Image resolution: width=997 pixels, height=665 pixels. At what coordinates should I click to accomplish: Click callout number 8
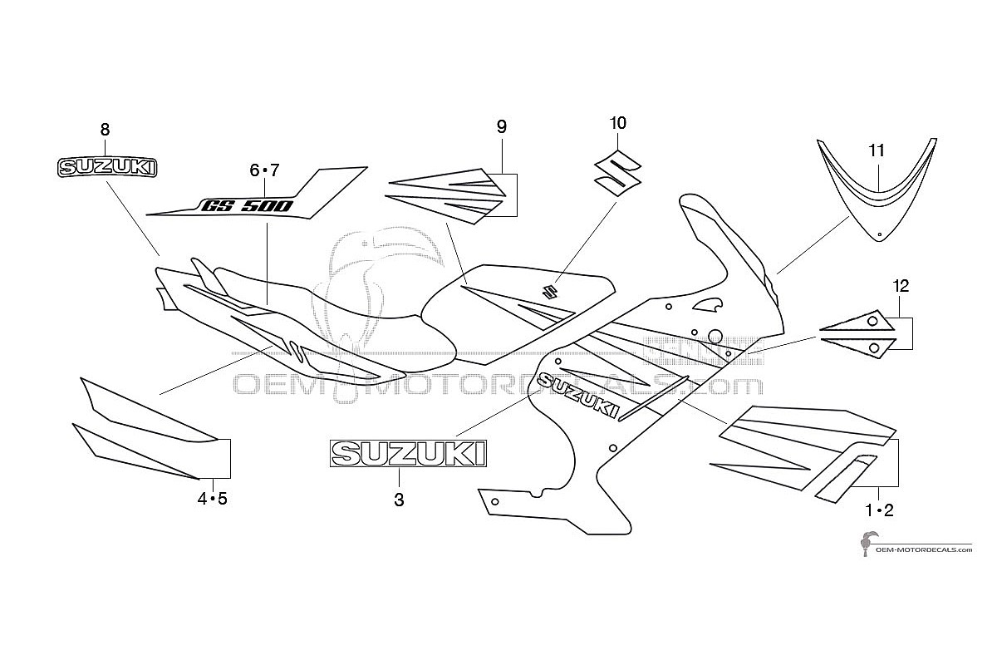(105, 130)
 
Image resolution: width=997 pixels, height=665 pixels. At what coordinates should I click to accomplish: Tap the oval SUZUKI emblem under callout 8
(107, 168)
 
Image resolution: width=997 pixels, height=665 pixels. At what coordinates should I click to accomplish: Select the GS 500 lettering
(247, 206)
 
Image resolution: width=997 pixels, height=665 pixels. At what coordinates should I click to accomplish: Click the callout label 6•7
(264, 170)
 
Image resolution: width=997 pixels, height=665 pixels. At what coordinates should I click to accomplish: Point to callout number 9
(502, 127)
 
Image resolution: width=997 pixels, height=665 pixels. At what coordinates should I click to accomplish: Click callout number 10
(618, 123)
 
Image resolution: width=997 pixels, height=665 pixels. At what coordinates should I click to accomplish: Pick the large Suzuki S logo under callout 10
(617, 173)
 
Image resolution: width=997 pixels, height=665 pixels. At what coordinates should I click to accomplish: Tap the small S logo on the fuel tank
(550, 293)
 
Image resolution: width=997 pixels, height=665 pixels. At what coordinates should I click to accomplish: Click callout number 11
(877, 150)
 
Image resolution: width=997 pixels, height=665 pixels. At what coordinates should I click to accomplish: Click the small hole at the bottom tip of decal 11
(879, 234)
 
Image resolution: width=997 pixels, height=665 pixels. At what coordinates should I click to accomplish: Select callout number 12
(901, 286)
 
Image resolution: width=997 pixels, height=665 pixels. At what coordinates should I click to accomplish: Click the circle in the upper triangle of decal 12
(873, 321)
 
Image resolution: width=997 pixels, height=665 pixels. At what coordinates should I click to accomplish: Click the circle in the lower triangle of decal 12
(874, 347)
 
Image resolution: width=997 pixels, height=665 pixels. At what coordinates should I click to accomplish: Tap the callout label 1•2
(879, 510)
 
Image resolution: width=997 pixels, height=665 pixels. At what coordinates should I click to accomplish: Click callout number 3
(399, 500)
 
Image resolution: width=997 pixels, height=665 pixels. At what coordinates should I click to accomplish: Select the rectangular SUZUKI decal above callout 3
(408, 454)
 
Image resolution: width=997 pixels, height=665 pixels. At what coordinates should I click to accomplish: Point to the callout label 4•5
(213, 500)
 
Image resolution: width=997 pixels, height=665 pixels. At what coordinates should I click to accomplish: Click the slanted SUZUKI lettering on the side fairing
(578, 396)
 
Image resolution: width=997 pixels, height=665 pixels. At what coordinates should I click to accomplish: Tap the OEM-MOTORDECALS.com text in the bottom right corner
(924, 549)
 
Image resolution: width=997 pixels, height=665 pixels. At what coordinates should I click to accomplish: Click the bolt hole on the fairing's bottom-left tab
(494, 502)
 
